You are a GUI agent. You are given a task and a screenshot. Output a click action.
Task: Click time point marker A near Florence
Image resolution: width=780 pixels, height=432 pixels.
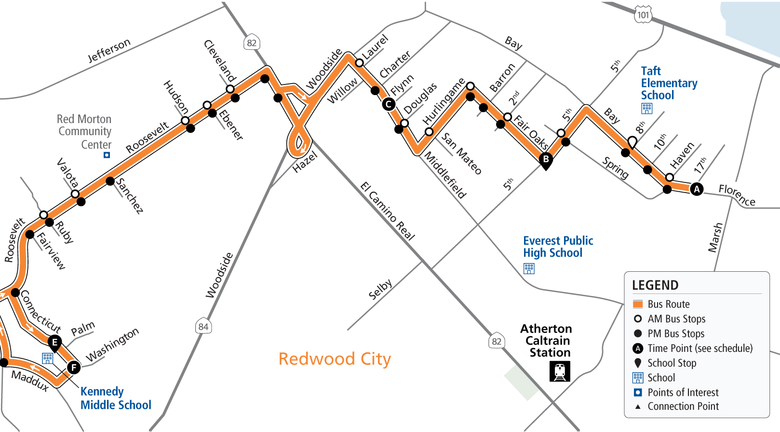[697, 189]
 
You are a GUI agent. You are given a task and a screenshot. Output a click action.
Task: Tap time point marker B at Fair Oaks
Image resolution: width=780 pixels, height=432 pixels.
[546, 159]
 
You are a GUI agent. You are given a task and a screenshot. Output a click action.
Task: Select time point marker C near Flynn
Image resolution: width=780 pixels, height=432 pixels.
[389, 104]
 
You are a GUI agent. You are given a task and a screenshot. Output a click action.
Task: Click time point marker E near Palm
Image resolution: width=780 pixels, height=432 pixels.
[55, 342]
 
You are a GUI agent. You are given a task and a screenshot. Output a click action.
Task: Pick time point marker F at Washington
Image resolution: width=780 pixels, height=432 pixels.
[74, 368]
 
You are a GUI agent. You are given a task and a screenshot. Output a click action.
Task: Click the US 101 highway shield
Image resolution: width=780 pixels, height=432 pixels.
[643, 15]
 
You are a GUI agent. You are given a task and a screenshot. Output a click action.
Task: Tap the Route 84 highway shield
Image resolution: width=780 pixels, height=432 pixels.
[203, 327]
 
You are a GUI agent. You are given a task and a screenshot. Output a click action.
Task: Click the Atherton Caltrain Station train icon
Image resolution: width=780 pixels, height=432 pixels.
[560, 371]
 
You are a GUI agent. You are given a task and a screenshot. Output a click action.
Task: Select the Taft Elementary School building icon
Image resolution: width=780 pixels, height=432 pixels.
[647, 108]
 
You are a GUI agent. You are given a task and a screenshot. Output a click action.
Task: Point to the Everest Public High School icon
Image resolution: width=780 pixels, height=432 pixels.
[529, 268]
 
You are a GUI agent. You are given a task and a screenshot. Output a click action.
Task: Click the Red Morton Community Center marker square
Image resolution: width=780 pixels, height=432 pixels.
[107, 155]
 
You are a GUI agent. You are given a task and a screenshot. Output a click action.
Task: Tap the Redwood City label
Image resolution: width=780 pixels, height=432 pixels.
[335, 359]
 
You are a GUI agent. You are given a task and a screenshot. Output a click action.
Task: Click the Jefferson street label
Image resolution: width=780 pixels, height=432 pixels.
[109, 50]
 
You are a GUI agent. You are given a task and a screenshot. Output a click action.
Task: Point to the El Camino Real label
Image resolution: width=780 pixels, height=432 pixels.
[388, 211]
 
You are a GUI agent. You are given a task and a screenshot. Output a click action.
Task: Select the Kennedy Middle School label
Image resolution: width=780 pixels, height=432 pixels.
[116, 398]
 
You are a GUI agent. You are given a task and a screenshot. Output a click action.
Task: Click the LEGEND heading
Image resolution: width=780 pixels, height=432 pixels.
[655, 285]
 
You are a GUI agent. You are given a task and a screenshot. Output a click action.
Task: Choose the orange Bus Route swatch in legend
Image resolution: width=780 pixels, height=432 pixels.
[638, 304]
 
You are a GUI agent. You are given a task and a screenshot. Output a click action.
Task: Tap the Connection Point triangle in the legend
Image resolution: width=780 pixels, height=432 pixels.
[638, 406]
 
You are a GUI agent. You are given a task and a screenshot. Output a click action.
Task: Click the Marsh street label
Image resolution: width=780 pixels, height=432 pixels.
[715, 237]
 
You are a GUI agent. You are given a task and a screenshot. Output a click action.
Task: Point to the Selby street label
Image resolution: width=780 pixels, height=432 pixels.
[380, 289]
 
